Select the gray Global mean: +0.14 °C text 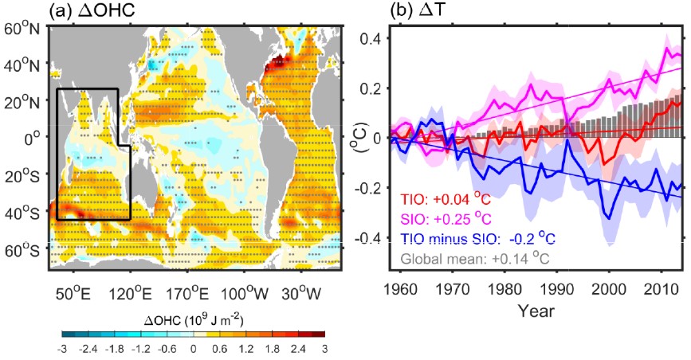click(474, 258)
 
